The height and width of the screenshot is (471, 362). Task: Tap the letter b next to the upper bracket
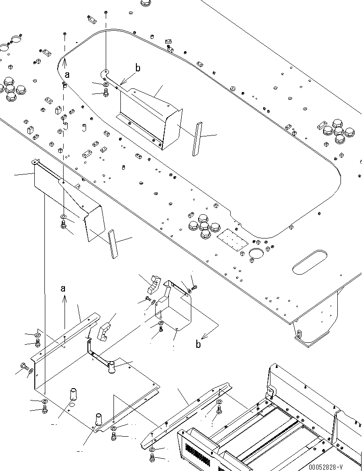click(x=137, y=69)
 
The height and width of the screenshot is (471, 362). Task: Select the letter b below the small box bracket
click(x=198, y=344)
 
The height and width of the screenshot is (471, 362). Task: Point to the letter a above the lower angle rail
click(x=63, y=288)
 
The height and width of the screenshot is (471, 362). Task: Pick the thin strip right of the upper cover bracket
click(x=196, y=139)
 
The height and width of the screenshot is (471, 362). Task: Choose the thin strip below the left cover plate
click(x=113, y=244)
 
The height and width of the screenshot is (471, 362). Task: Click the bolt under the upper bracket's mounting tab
click(x=106, y=93)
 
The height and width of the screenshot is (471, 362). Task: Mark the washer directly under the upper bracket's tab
click(x=106, y=85)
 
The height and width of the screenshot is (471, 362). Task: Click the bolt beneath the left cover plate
click(x=64, y=224)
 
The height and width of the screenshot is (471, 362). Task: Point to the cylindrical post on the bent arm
click(x=111, y=368)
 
